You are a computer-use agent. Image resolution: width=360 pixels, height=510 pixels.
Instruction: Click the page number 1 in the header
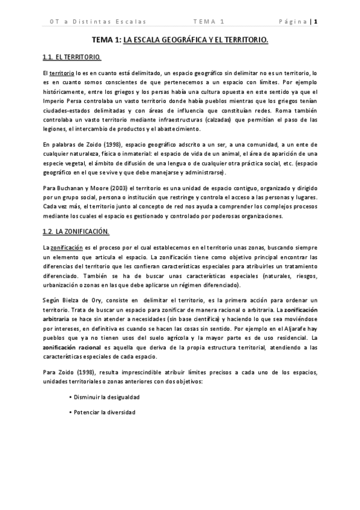315,22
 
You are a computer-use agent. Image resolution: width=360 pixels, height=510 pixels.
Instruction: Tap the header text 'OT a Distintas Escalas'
98,22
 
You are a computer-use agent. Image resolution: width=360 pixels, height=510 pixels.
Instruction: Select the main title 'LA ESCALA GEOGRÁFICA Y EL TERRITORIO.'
195,40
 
